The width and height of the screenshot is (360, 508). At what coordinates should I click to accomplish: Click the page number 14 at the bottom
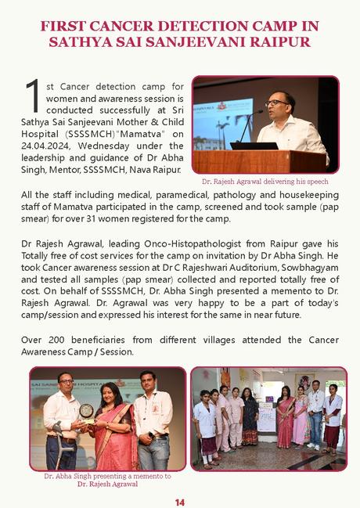pyautogui.click(x=180, y=501)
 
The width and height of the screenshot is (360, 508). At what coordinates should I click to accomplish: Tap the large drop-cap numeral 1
pyautogui.click(x=33, y=95)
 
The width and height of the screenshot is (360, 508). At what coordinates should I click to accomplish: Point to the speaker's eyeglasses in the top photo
pyautogui.click(x=275, y=103)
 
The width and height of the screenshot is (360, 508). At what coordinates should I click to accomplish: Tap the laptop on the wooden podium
pyautogui.click(x=254, y=145)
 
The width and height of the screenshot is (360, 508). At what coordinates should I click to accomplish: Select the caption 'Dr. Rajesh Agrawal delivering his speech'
pyautogui.click(x=265, y=181)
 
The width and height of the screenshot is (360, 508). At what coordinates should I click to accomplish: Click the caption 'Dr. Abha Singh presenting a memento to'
pyautogui.click(x=107, y=475)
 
